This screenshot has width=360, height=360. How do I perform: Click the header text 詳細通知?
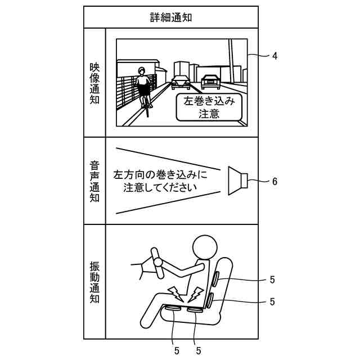pos(171,17)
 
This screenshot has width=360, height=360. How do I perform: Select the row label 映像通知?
pos(94,83)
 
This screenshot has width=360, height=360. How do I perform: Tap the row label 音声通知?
pos(94,182)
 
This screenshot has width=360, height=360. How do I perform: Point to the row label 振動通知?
pos(94,282)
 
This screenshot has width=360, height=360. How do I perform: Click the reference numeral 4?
pos(274,56)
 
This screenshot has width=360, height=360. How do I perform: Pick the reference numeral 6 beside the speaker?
pos(274,181)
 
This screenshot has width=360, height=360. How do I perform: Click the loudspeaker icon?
pos(236,181)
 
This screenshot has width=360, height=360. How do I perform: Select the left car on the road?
pos(181,83)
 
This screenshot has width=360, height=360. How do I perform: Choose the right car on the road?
pos(211,82)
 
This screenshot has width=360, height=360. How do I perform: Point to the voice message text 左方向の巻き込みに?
pos(160,174)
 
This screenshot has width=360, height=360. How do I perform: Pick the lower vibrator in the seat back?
pos(209,300)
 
